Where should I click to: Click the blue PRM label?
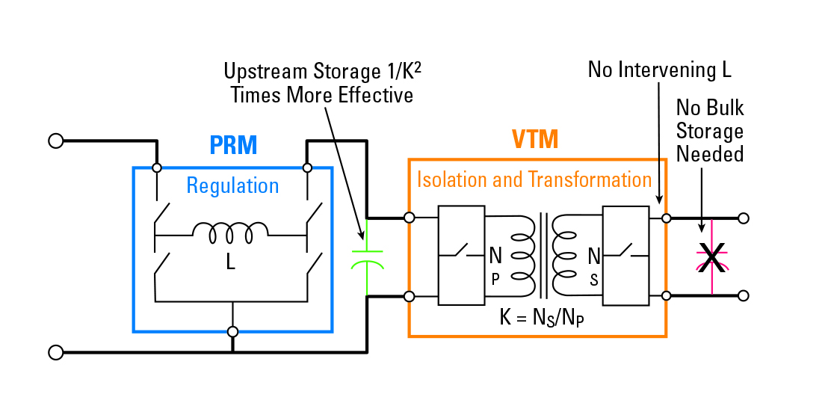tap(233, 145)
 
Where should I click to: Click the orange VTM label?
tap(535, 140)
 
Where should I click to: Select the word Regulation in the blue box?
tap(232, 185)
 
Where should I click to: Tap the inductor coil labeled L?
tap(231, 233)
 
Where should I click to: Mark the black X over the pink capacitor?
tap(712, 258)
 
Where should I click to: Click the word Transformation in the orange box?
tap(590, 179)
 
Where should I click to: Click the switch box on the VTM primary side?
tap(461, 256)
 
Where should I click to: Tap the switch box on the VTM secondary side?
tap(625, 256)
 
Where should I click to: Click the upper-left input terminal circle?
tap(55, 140)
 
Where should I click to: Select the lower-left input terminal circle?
tap(55, 351)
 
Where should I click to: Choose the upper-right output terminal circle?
tap(743, 218)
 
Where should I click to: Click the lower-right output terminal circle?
tap(743, 295)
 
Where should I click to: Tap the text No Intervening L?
tap(659, 70)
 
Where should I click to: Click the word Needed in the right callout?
tap(710, 154)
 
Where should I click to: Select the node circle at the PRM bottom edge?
tap(233, 331)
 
